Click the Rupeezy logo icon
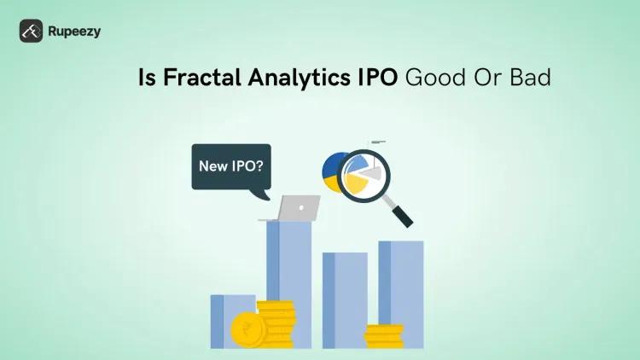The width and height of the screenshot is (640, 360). point(32,31)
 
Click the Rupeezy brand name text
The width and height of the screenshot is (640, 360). point(75,32)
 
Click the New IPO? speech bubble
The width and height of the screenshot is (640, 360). point(230,166)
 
